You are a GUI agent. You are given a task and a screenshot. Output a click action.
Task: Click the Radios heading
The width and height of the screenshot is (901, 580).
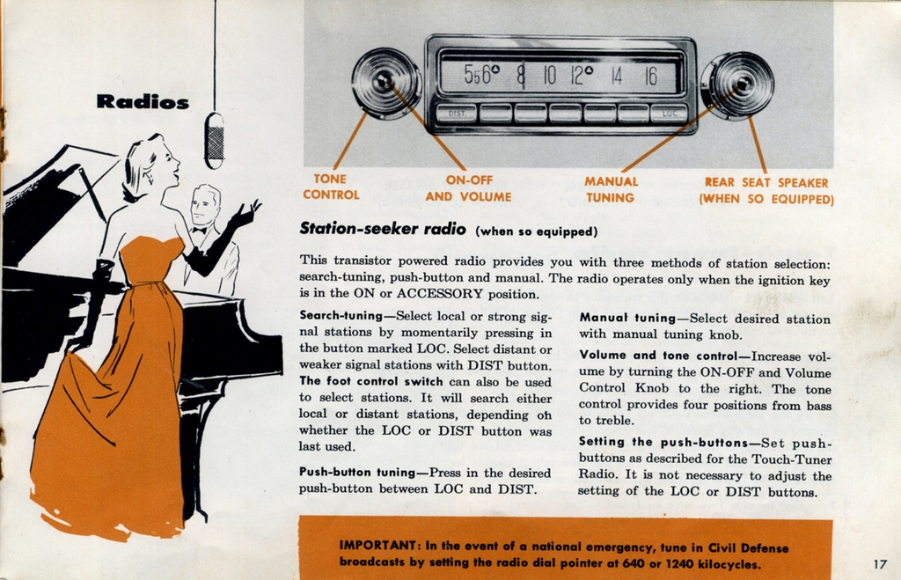coord(143,101)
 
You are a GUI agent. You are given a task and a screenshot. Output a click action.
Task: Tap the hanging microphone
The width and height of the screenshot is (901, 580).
coord(214,140)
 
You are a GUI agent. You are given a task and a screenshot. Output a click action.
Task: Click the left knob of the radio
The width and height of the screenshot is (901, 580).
coord(385,83)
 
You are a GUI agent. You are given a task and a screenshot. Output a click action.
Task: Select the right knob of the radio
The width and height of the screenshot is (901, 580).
coord(738,85)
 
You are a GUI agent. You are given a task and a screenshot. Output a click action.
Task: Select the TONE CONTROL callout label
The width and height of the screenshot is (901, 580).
coord(331,187)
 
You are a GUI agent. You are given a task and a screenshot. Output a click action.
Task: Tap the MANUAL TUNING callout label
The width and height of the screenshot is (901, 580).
coord(611,189)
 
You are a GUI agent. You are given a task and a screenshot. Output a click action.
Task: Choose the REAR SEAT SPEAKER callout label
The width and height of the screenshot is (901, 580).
coord(766,191)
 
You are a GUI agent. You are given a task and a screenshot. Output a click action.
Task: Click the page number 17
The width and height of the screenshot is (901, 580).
coord(880,564)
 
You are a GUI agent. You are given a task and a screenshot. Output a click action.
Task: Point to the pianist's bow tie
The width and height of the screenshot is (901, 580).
coord(201,230)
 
